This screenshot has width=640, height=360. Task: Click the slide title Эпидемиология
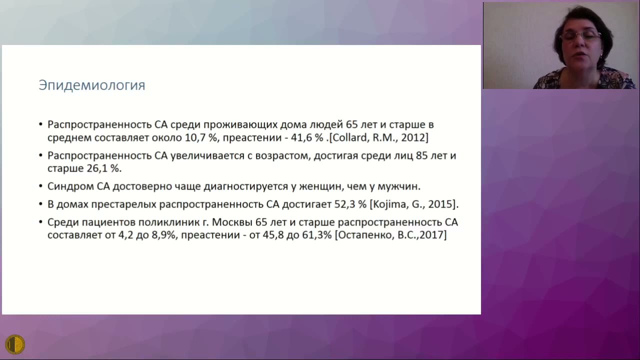(92, 85)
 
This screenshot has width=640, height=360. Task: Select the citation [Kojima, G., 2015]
(414, 204)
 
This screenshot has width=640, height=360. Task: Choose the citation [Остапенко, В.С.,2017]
(390, 234)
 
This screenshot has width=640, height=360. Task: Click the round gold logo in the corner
(14, 344)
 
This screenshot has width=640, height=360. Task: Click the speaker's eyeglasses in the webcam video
(580, 35)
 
